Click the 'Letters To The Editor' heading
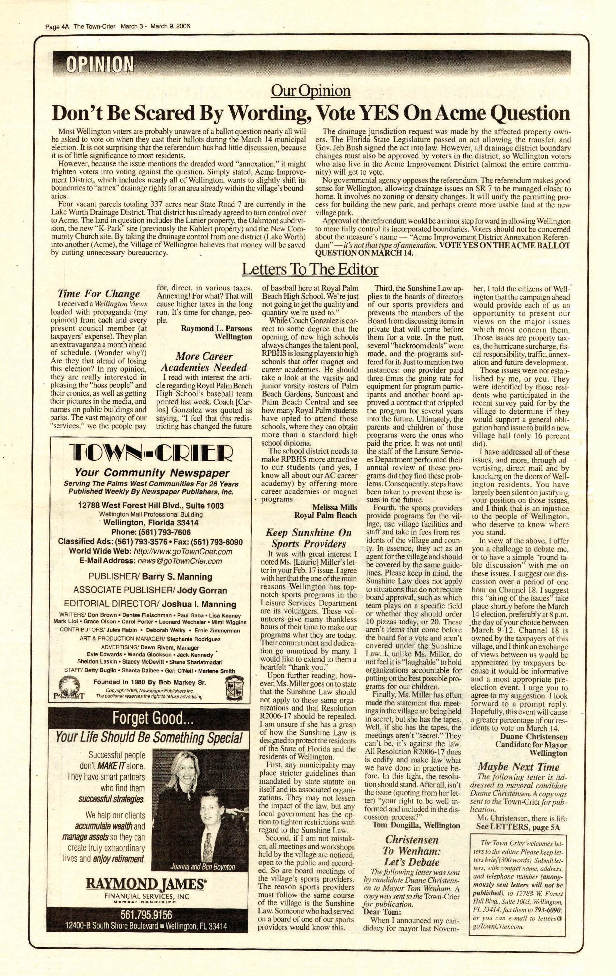click(x=310, y=269)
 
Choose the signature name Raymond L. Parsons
click(x=216, y=328)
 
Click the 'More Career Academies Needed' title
click(x=204, y=362)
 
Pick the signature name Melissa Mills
click(x=335, y=507)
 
